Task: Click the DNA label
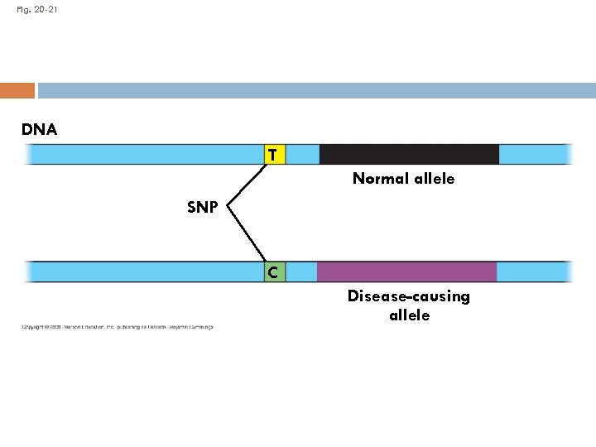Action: tap(40, 129)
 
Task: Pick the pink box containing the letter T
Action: tap(273, 155)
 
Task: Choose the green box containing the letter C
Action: tap(273, 272)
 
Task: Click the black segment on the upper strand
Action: tap(409, 155)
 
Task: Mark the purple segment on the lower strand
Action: tap(406, 272)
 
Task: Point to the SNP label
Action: tap(203, 208)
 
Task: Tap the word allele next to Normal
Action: tap(434, 179)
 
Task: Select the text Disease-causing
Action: tap(408, 296)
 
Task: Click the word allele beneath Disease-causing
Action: tap(409, 315)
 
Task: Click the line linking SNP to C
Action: tap(246, 235)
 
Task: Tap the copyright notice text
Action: tap(118, 327)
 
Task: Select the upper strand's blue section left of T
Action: tap(145, 155)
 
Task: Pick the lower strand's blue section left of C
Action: tap(145, 272)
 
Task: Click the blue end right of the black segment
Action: tap(535, 155)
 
